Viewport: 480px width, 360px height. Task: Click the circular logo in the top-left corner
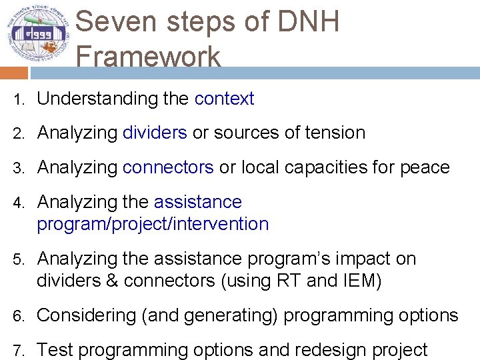click(37, 33)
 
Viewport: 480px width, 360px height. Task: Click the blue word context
click(224, 99)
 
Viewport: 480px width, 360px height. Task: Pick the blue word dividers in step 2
click(155, 133)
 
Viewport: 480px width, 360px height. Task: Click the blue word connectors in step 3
click(168, 167)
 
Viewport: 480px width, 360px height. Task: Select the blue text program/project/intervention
click(153, 224)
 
